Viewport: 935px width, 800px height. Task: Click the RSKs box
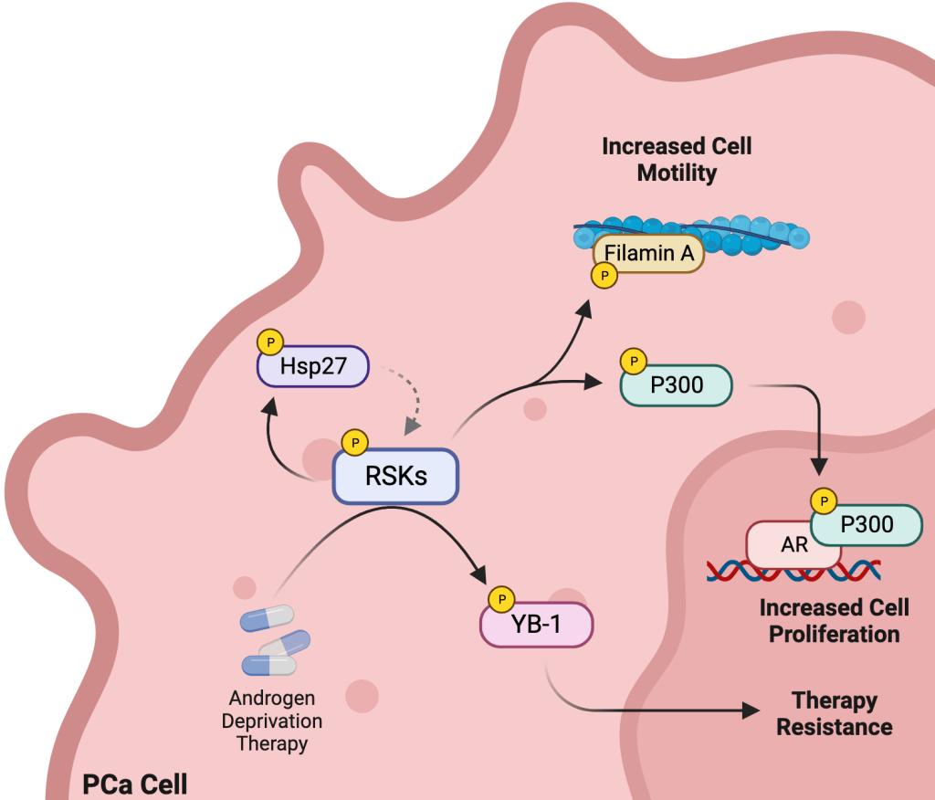(394, 476)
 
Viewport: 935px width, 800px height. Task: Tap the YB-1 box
(537, 624)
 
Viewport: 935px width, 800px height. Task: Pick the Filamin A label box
(649, 254)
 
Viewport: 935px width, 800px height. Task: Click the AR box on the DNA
(793, 545)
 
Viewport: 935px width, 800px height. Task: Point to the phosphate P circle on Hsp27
(270, 342)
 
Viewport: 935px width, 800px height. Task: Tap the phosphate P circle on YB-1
(500, 599)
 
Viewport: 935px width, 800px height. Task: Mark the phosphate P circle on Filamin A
(603, 276)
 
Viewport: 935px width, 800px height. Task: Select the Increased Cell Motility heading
(677, 160)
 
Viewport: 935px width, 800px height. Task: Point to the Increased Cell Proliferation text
(834, 620)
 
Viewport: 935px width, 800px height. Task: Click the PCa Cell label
(135, 784)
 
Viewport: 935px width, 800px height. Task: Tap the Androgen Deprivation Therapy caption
(272, 721)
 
